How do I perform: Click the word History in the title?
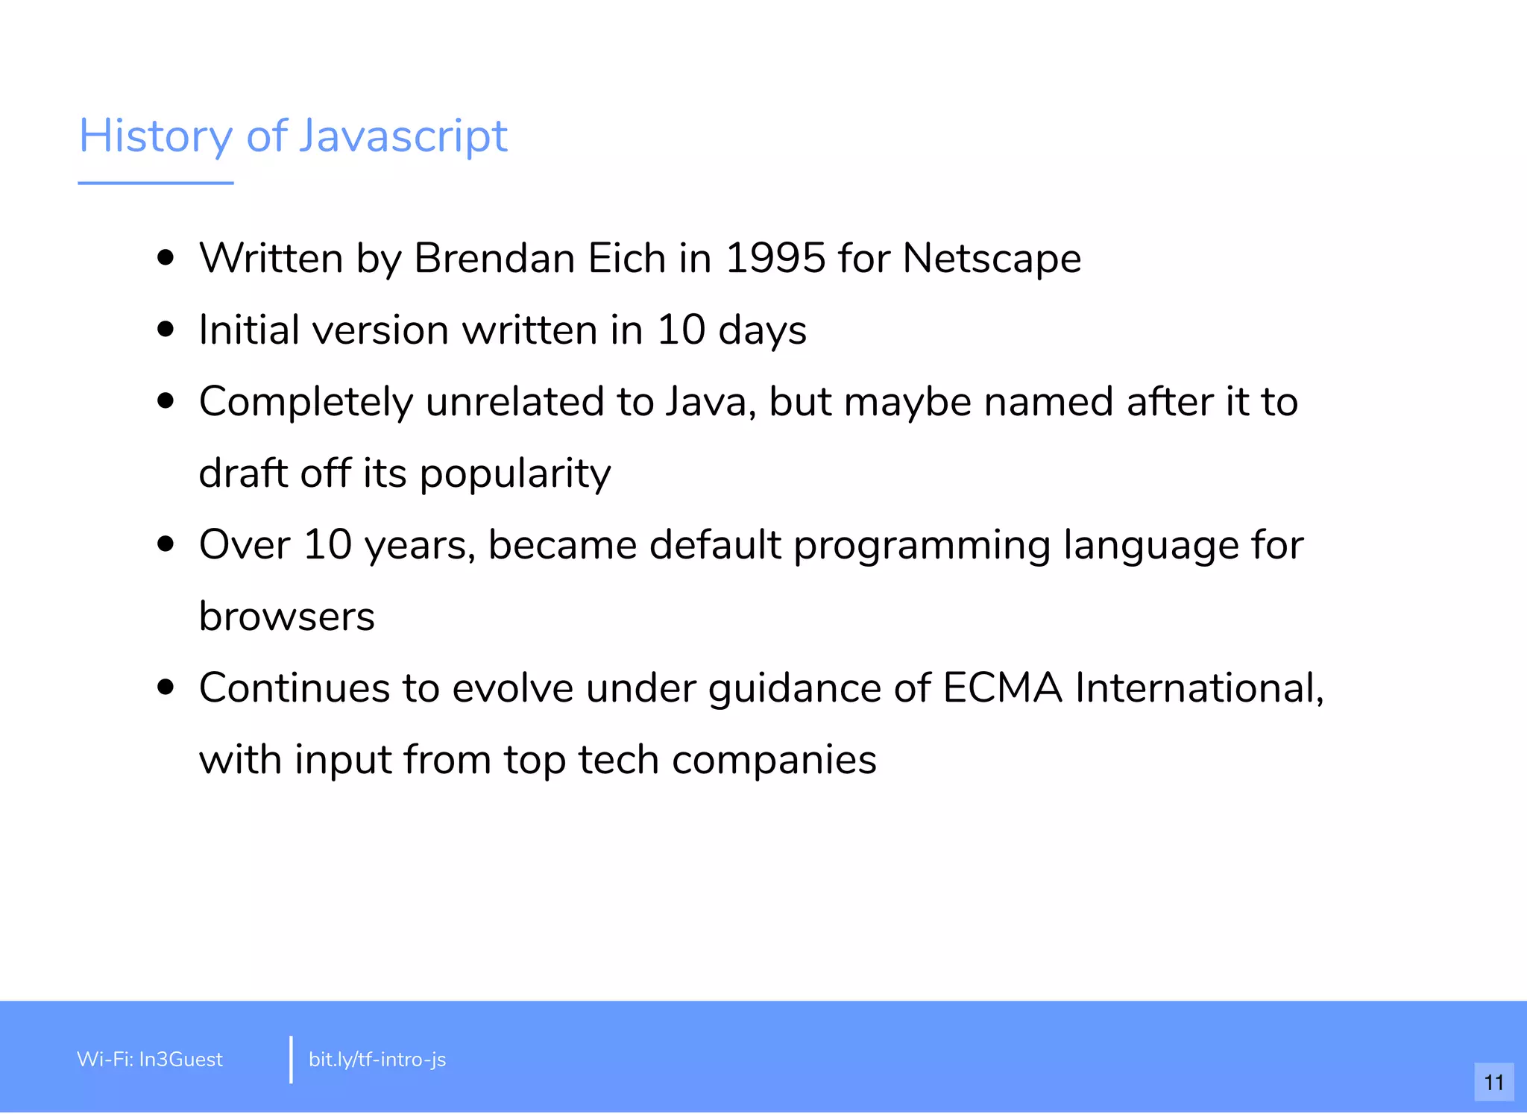[156, 136]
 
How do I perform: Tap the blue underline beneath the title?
[156, 183]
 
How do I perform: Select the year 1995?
[775, 259]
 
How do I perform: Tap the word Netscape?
[992, 259]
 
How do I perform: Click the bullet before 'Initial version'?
[166, 330]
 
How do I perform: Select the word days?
[762, 330]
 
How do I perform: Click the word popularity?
[515, 474]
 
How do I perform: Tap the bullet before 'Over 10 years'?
[166, 544]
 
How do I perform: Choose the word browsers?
[287, 617]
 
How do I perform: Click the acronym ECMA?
[1002, 687]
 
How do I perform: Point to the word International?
[1199, 687]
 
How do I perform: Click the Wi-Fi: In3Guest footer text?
[150, 1059]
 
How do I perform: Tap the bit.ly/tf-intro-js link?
[377, 1059]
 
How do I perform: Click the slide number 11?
[1493, 1082]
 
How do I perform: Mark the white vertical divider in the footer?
[291, 1059]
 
